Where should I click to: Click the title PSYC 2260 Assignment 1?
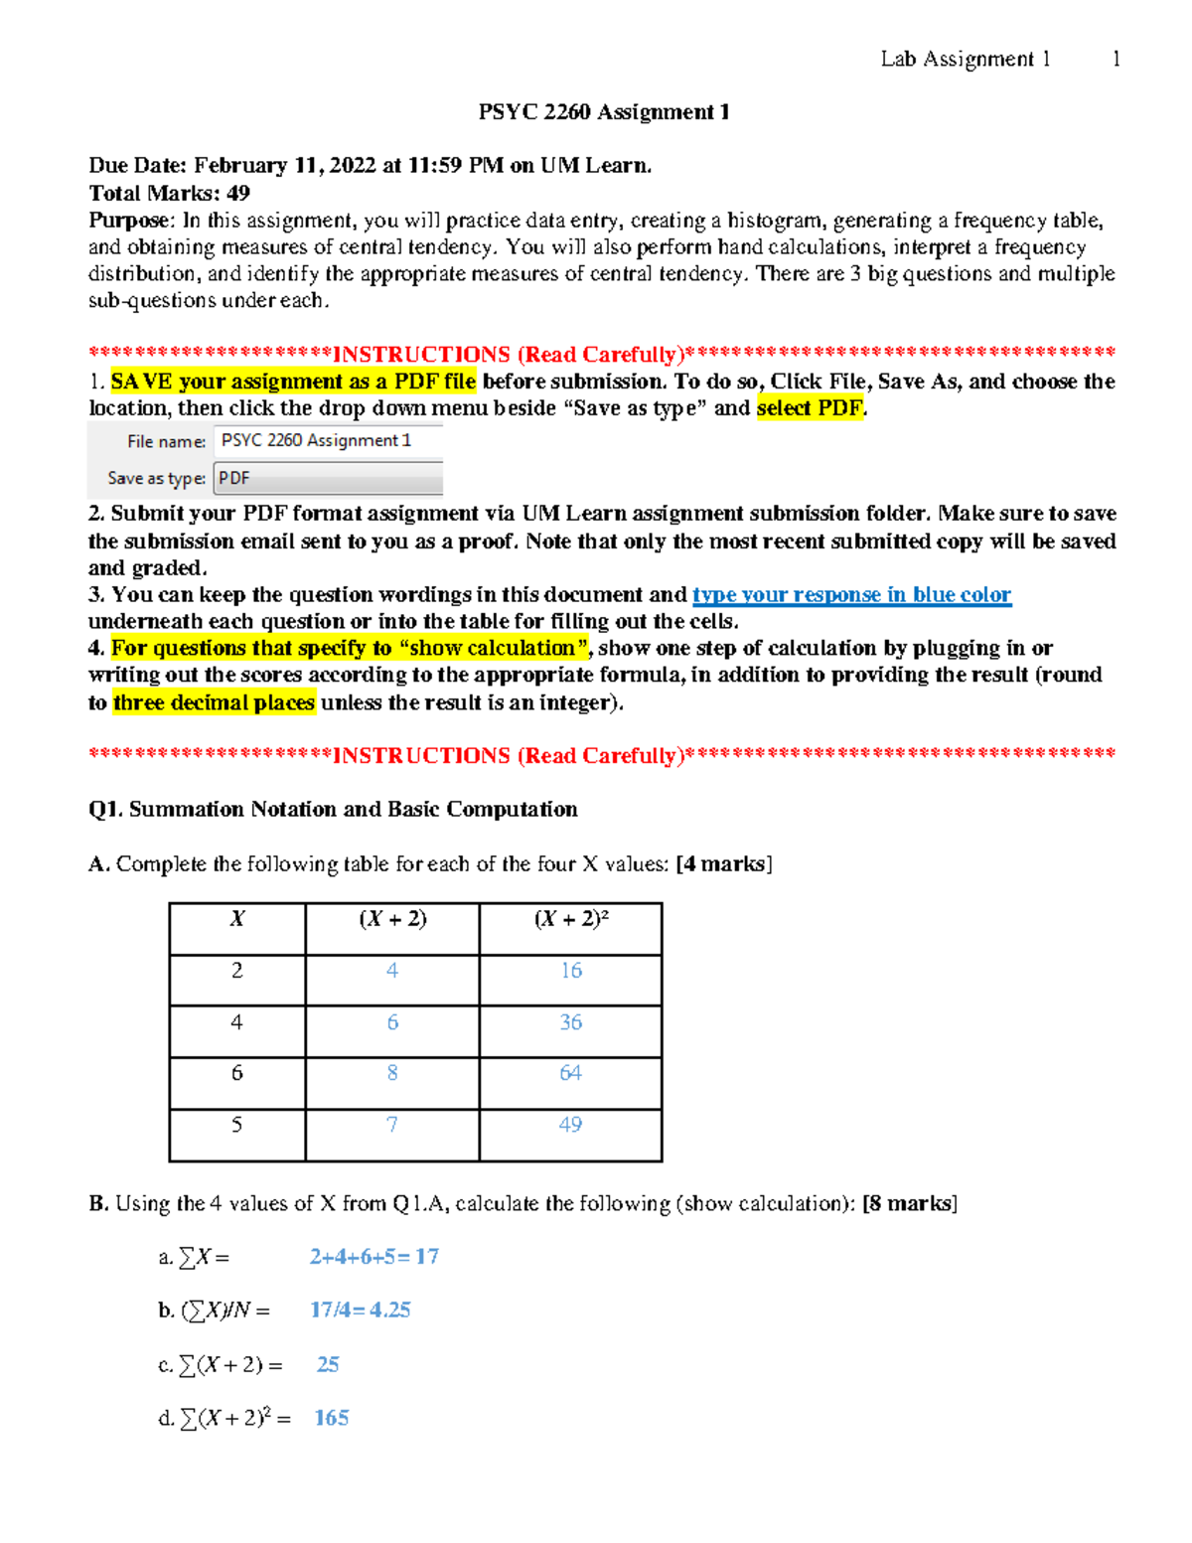(x=604, y=112)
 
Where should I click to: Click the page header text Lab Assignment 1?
(x=965, y=60)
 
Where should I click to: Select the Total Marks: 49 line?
(x=169, y=193)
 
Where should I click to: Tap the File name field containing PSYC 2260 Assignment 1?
(x=328, y=440)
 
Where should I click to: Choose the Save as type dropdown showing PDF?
(x=328, y=478)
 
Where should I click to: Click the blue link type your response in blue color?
(x=851, y=594)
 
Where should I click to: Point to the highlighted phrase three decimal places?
(x=214, y=702)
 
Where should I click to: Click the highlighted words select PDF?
(x=810, y=408)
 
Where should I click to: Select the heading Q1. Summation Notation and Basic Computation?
(x=333, y=809)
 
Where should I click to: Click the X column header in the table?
(x=236, y=919)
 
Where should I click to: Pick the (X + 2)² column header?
(x=570, y=919)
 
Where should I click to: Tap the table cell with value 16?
(x=570, y=971)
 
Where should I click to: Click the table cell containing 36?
(x=570, y=1022)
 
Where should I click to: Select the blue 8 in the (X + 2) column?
(x=392, y=1073)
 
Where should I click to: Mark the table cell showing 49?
(x=570, y=1125)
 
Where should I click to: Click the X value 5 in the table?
(x=236, y=1125)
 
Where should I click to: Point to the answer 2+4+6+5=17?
(x=373, y=1257)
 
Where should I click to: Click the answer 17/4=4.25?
(x=360, y=1311)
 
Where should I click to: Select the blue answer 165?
(x=331, y=1418)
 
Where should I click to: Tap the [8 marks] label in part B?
(x=910, y=1203)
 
